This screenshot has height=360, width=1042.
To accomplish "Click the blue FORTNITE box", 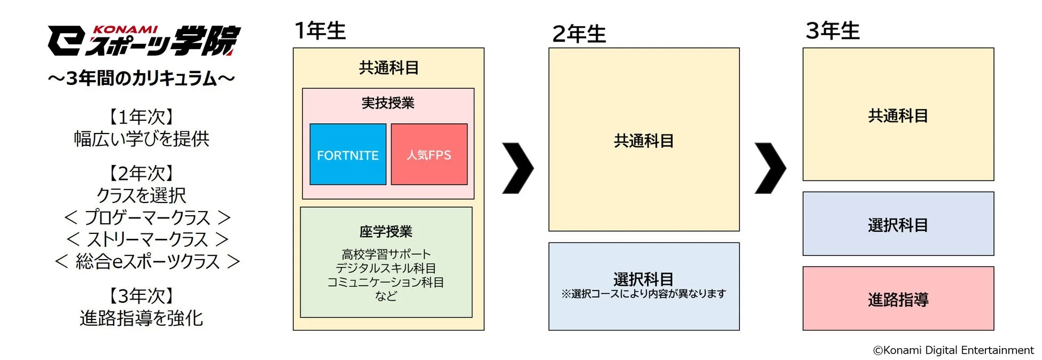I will (x=348, y=155).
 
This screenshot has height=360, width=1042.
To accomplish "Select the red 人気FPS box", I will (x=429, y=155).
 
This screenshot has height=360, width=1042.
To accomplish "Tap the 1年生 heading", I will (x=321, y=30).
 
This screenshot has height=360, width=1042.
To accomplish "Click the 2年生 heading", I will (x=579, y=34).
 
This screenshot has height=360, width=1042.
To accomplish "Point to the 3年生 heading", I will (x=833, y=30).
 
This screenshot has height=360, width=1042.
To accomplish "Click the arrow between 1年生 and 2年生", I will (x=518, y=168).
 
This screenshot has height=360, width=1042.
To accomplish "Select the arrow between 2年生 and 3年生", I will (x=770, y=168).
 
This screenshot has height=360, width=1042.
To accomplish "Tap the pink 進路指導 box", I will (x=898, y=299).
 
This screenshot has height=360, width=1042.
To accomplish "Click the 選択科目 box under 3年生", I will (x=898, y=225).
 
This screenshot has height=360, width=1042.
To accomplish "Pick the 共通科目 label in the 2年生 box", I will (x=644, y=140).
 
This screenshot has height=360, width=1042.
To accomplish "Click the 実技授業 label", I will (x=388, y=103).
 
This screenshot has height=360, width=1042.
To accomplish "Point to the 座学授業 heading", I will (x=386, y=231).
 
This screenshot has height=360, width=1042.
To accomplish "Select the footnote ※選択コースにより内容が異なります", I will (x=644, y=294).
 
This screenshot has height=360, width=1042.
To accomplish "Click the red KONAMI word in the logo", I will (x=126, y=30).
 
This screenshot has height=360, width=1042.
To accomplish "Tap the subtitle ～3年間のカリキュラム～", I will (x=142, y=79).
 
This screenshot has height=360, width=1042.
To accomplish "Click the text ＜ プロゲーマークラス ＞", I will (x=147, y=217).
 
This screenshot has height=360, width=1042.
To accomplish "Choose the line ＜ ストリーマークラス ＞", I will (x=147, y=239).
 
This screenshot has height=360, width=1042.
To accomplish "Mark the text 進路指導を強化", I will (x=142, y=318).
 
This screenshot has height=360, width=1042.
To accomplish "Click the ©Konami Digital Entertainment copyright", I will (x=953, y=350).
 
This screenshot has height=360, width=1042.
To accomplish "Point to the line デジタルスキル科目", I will (x=386, y=268).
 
